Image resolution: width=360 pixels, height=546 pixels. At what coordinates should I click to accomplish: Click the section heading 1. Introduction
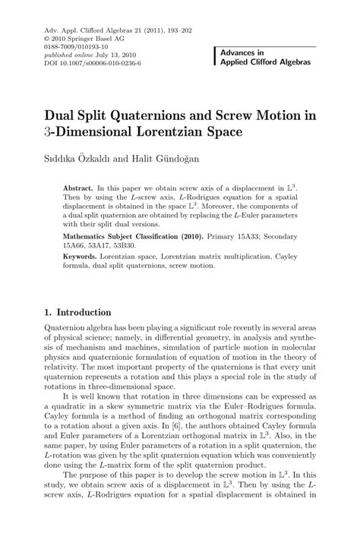point(78,312)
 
